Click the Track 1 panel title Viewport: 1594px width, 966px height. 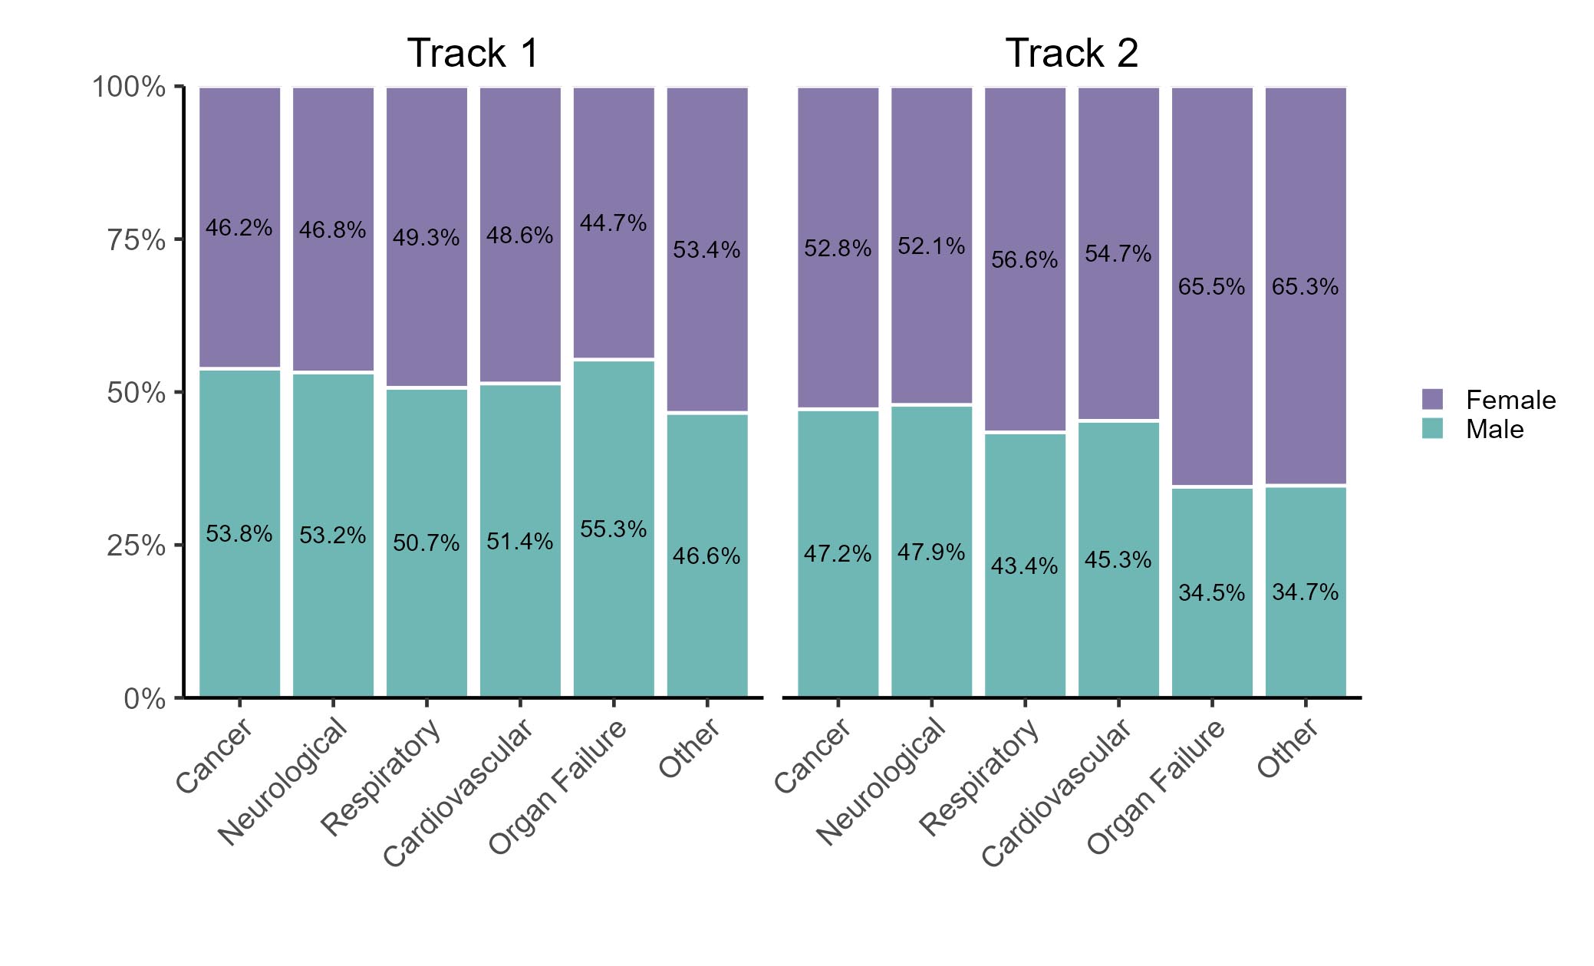click(473, 54)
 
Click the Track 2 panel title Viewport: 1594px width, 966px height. click(1072, 54)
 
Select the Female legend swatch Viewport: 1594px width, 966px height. click(1431, 399)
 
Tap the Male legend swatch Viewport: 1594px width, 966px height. click(1431, 428)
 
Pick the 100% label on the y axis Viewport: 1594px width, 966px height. click(129, 87)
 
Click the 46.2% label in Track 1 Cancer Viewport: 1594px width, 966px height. click(239, 228)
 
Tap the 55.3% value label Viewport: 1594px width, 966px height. click(613, 529)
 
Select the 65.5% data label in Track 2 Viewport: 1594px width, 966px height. click(1211, 287)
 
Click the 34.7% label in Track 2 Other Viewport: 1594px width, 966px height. click(1305, 592)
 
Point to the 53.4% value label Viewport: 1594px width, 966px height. click(706, 250)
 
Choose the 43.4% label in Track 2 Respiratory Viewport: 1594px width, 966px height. click(1024, 566)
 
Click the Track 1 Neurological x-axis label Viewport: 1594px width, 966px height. click(283, 781)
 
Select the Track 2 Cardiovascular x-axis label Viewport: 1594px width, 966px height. click(1056, 792)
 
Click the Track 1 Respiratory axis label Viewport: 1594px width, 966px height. click(381, 776)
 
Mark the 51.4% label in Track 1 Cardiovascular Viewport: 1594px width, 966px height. click(519, 542)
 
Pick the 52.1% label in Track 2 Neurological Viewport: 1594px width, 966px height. click(931, 246)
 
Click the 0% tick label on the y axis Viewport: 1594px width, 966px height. click(145, 699)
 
